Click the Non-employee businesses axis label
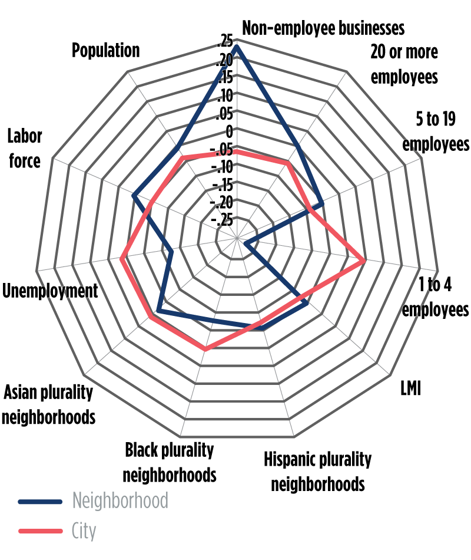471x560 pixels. click(x=324, y=28)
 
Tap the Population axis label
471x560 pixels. click(x=106, y=50)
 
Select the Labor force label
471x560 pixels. click(x=24, y=149)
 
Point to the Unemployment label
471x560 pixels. click(x=49, y=291)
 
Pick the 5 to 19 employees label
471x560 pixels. click(x=435, y=132)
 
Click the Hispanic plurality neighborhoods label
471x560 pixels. click(x=317, y=472)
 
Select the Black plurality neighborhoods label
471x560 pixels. click(x=170, y=462)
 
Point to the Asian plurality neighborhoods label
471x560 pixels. click(x=48, y=405)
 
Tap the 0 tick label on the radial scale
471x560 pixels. click(x=230, y=131)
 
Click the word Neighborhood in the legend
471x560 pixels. click(x=120, y=500)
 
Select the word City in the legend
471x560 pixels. click(x=84, y=531)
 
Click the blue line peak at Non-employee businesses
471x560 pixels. click(x=236, y=46)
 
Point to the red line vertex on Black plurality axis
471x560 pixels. click(x=205, y=350)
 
